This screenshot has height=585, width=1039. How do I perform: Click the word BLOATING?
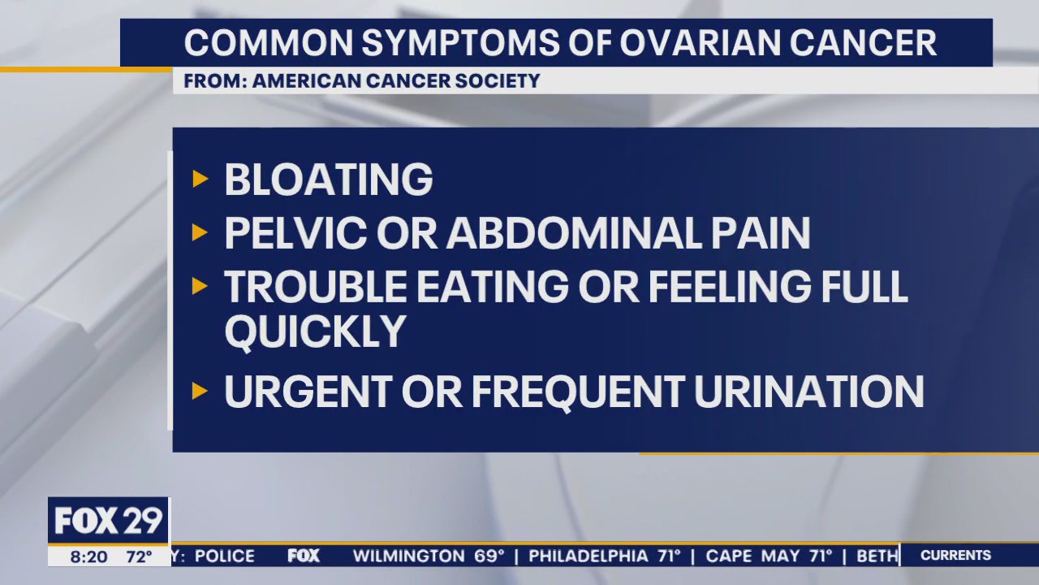[x=328, y=180]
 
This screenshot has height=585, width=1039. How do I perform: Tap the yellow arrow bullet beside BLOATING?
[x=200, y=179]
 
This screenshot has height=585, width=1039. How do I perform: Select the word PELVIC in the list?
[x=294, y=234]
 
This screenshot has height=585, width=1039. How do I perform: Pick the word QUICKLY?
[x=315, y=331]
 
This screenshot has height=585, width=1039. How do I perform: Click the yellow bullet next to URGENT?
[x=200, y=392]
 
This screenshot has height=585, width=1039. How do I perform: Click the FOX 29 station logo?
[x=108, y=521]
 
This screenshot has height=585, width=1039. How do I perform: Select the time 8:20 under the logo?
[x=88, y=557]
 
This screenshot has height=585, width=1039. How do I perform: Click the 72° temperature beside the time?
[x=138, y=557]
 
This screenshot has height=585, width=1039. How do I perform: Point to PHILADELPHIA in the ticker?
[x=593, y=556]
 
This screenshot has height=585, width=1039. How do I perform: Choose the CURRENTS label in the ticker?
[x=955, y=556]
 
